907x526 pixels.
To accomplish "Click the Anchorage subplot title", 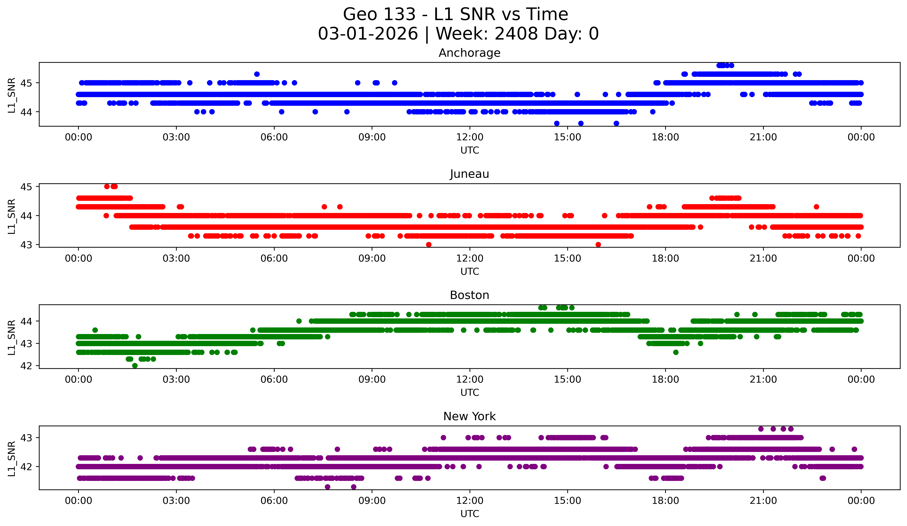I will [x=469, y=53].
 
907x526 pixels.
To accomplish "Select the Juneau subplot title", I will [x=469, y=174].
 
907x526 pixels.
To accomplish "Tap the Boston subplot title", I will [x=469, y=295].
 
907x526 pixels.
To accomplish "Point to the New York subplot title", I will [x=469, y=416].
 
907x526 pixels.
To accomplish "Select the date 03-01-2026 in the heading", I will [x=368, y=34].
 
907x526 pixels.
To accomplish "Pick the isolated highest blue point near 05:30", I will [x=257, y=74].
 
